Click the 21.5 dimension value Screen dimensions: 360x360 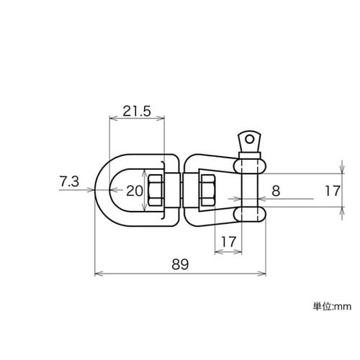[137, 112]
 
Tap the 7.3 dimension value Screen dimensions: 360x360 [69, 181]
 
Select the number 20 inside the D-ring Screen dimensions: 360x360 [135, 191]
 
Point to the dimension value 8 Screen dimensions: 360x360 [276, 192]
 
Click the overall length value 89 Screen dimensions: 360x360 [180, 264]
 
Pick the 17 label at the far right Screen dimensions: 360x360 [333, 191]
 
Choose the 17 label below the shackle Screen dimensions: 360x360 [228, 242]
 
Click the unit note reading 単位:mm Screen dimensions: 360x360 [332, 307]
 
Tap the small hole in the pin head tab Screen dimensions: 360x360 [250, 139]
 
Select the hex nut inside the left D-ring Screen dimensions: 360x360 [156, 191]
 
